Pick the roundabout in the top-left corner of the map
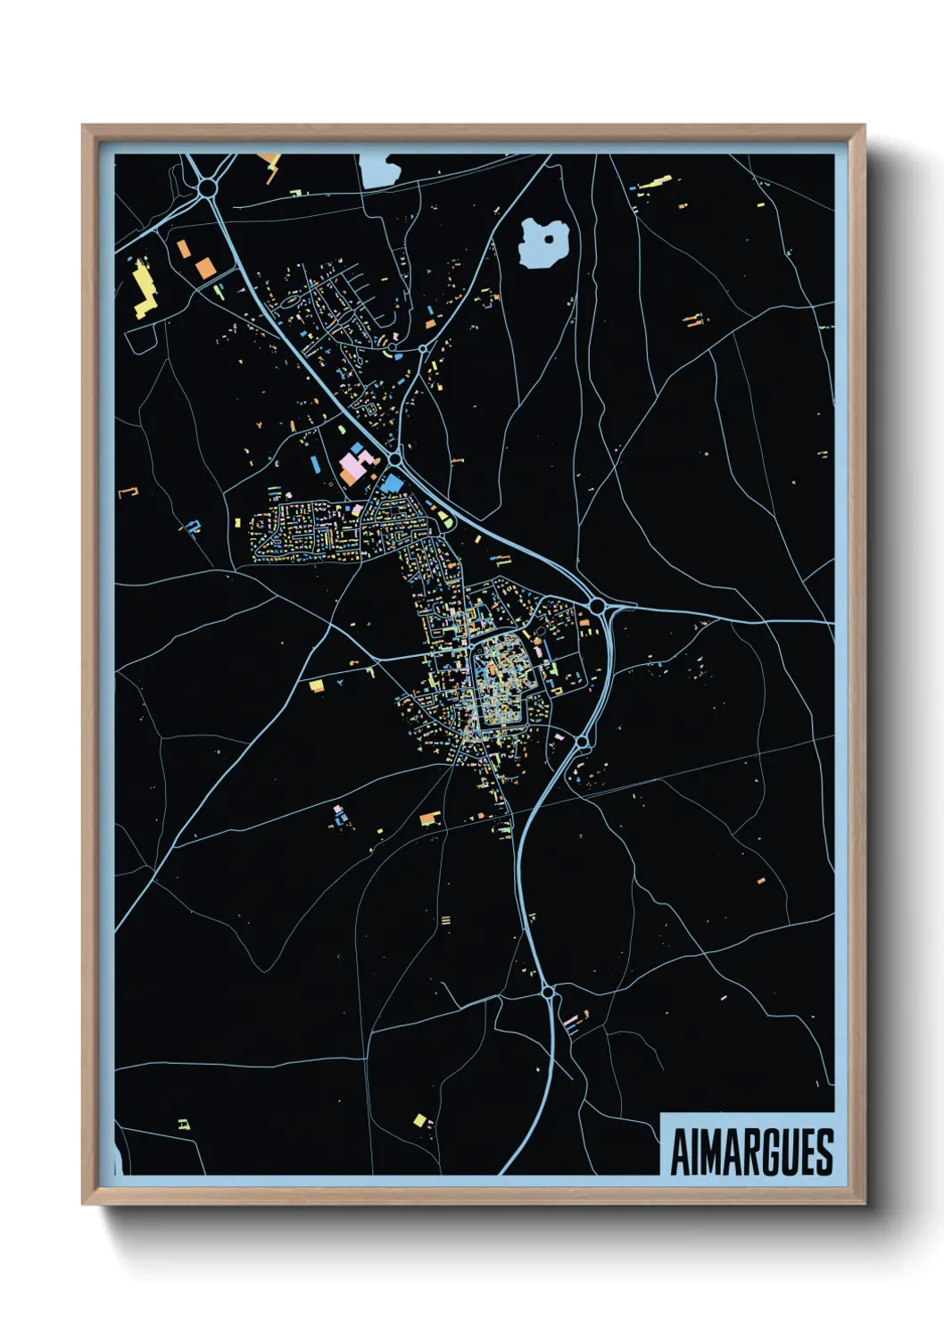pyautogui.click(x=209, y=187)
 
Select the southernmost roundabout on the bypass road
pyautogui.click(x=547, y=991)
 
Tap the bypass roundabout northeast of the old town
pyautogui.click(x=596, y=606)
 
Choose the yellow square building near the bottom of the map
pyautogui.click(x=418, y=1119)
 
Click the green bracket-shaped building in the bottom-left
pyautogui.click(x=184, y=1124)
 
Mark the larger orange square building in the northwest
pyautogui.click(x=205, y=266)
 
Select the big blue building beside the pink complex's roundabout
pyautogui.click(x=391, y=483)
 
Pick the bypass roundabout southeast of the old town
pyautogui.click(x=582, y=742)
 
